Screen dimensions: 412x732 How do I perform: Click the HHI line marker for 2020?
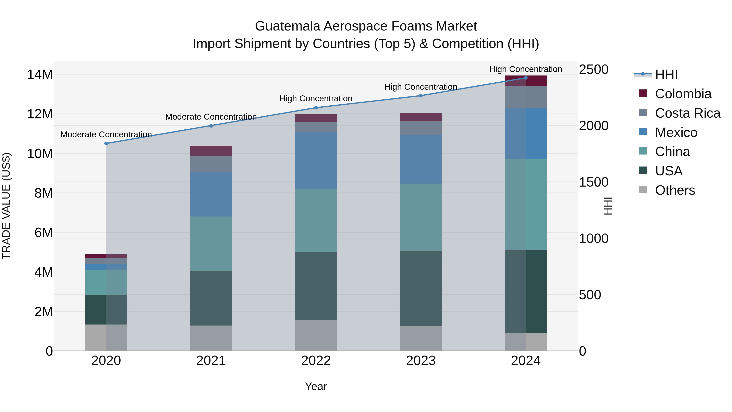coord(106,144)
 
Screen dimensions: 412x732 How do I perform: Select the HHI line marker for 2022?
coord(316,108)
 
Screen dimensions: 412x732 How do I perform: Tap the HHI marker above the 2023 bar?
coord(421,96)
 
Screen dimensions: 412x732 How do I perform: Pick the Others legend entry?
coord(675,190)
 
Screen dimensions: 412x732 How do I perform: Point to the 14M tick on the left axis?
coord(40,75)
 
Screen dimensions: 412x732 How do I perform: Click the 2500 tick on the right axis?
coord(594,70)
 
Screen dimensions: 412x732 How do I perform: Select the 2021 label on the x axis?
coord(211,361)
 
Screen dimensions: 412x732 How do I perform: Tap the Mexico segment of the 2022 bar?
coord(316,160)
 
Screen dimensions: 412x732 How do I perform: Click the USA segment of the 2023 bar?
coord(421,288)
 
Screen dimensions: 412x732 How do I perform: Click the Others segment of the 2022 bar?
coord(316,335)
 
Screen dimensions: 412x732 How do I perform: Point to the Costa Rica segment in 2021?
coord(211,164)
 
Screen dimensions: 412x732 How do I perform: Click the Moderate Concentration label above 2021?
coord(211,117)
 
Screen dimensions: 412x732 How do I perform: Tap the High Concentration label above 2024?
coord(525,69)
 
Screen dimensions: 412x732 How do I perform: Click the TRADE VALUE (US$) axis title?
coord(6,206)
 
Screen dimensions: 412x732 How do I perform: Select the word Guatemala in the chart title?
coord(287,26)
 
